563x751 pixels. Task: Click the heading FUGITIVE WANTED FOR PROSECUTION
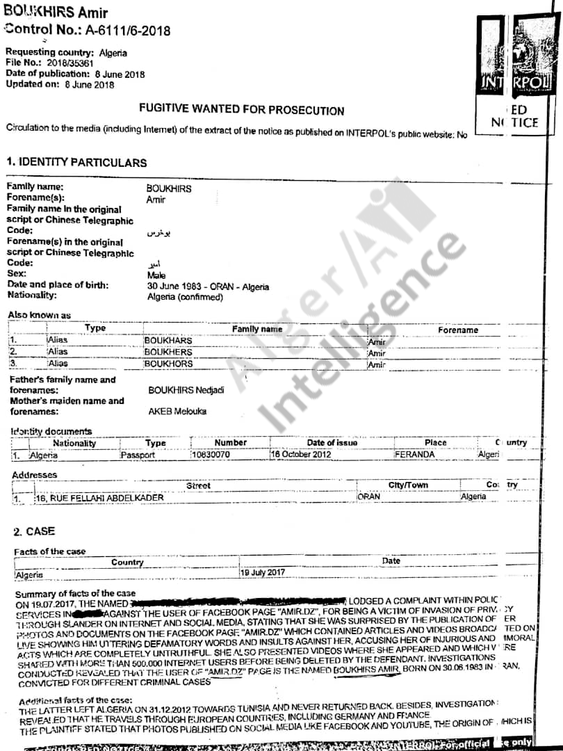241,110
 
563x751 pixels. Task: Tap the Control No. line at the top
87,30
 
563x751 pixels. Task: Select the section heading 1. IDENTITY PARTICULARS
76,162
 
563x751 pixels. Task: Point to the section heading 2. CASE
34,531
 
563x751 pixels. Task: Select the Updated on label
33,84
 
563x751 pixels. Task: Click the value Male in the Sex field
156,275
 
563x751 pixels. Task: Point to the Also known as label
39,315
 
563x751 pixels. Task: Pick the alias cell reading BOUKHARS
168,341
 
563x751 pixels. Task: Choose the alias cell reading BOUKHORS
168,364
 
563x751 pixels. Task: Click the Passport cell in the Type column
138,455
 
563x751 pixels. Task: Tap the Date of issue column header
332,442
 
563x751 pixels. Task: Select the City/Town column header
408,485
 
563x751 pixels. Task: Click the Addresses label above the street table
35,475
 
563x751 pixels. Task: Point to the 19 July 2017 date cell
263,572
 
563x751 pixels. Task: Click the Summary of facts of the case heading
75,594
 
